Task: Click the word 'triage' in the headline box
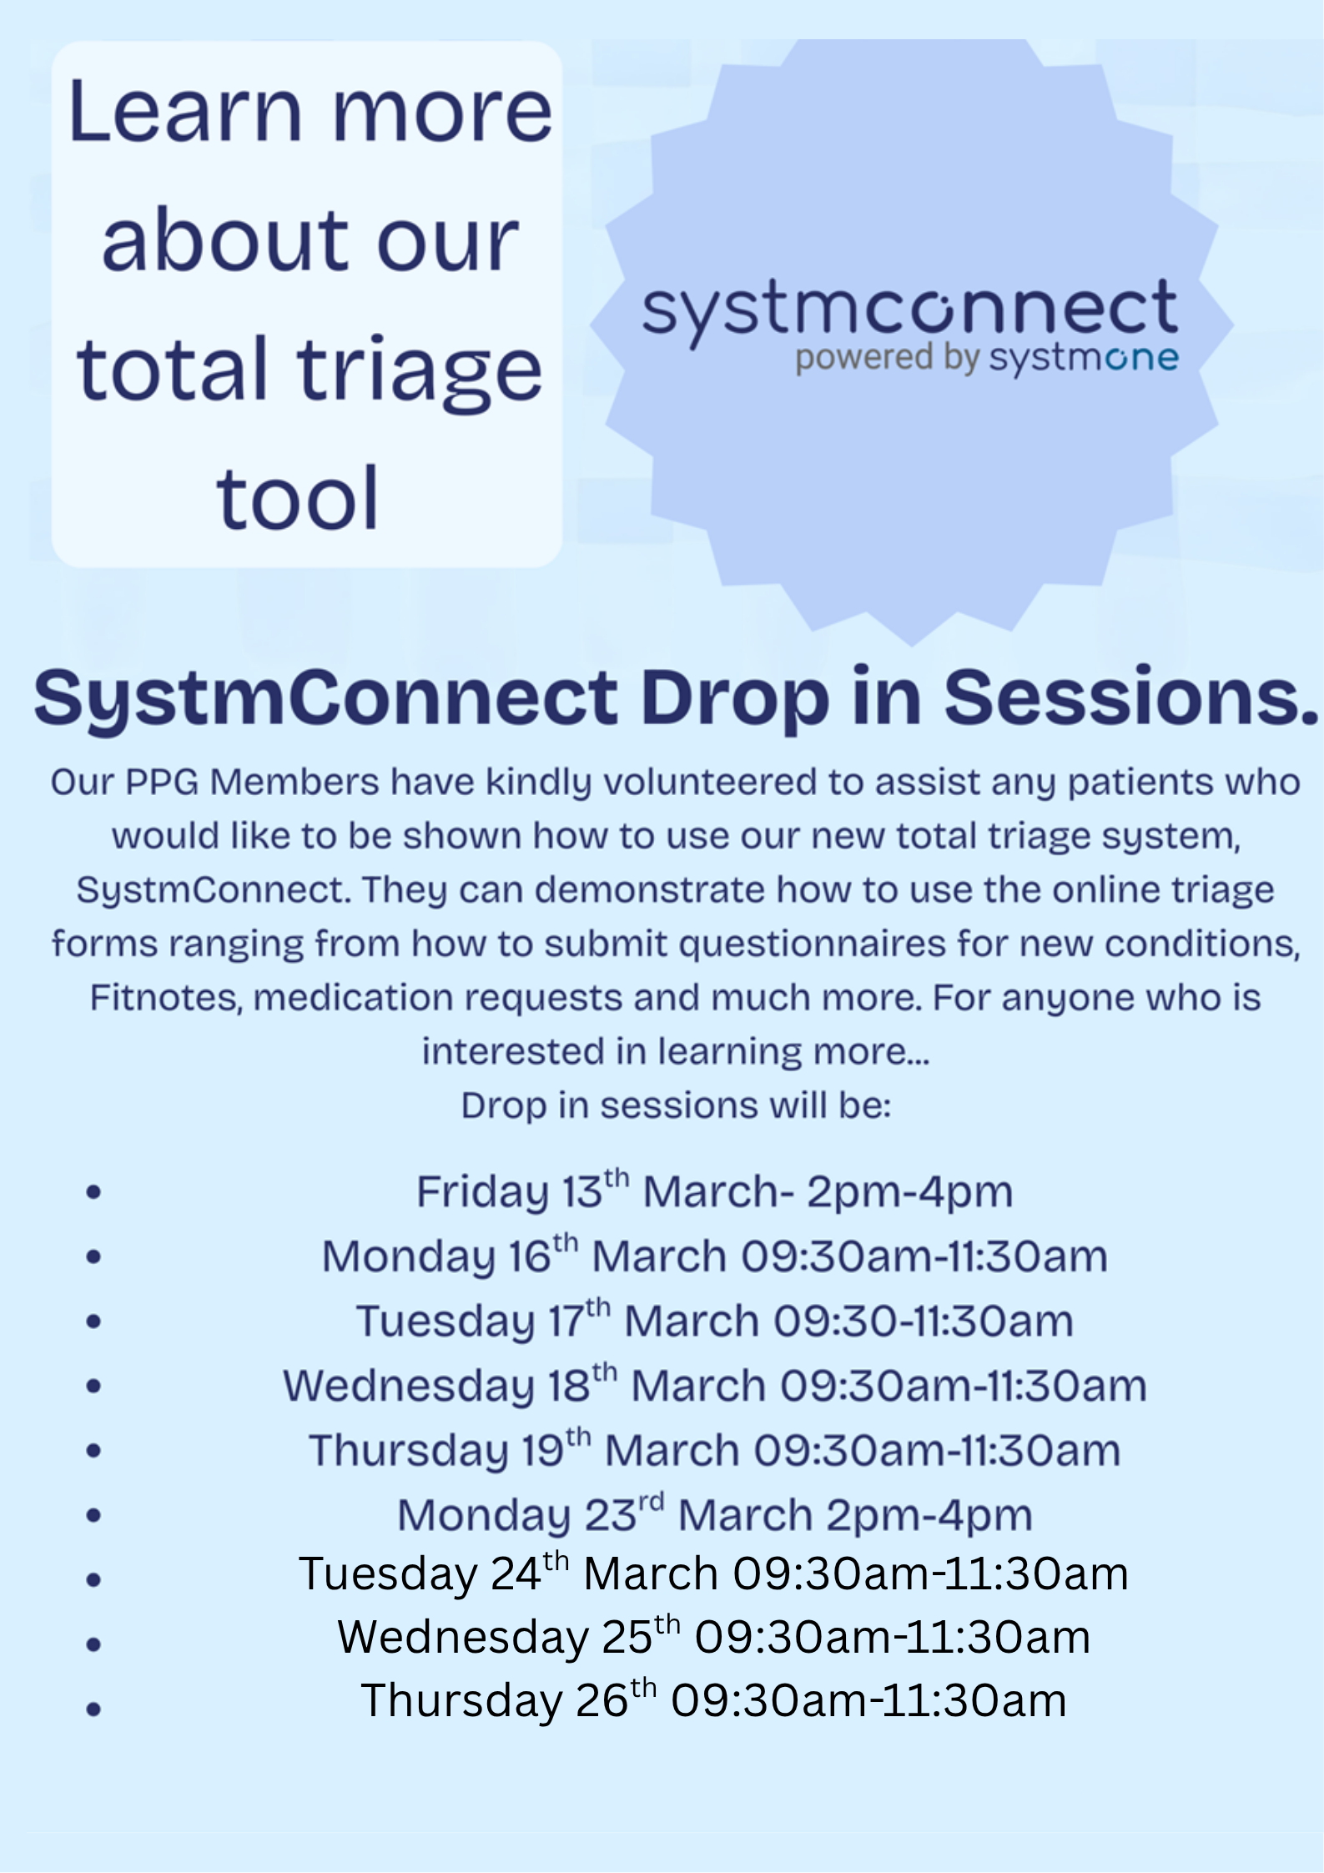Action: [x=420, y=372]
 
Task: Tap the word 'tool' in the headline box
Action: [x=298, y=499]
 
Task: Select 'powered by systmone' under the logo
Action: [x=986, y=359]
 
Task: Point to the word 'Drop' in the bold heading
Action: [x=734, y=699]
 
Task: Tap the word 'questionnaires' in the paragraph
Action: [x=813, y=944]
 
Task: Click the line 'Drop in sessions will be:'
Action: [x=676, y=1105]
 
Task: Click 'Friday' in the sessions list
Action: [x=481, y=1191]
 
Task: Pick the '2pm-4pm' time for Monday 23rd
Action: [x=929, y=1515]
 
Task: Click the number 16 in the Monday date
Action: [x=528, y=1256]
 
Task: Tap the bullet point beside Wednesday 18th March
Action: [x=93, y=1386]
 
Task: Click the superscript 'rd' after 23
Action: [x=651, y=1503]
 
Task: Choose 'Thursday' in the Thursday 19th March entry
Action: [x=408, y=1451]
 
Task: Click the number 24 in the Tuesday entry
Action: [x=516, y=1574]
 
